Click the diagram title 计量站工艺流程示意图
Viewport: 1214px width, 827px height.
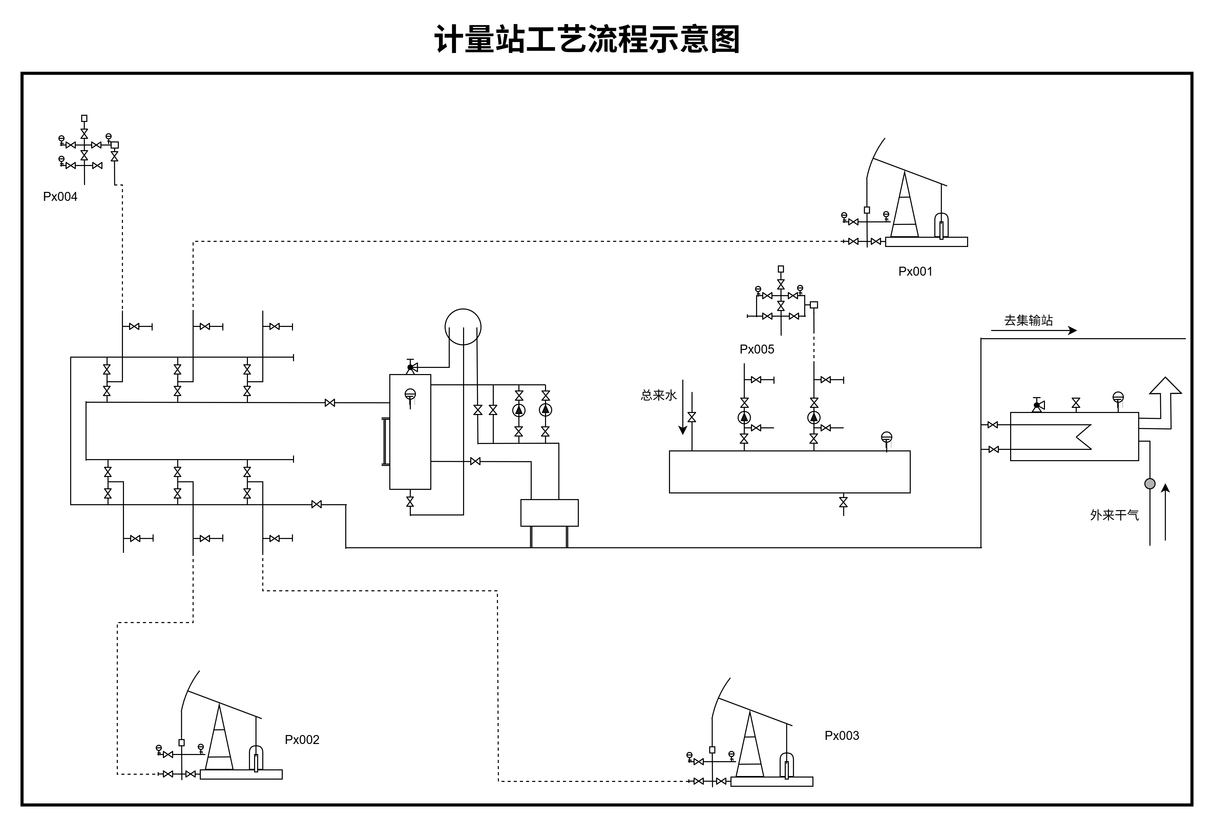tap(587, 39)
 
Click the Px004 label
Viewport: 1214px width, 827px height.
tap(60, 197)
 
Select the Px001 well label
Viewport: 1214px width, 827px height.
tap(915, 272)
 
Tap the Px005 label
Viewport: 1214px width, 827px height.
tap(756, 349)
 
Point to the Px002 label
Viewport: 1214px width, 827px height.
tap(302, 740)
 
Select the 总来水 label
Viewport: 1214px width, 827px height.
tap(658, 396)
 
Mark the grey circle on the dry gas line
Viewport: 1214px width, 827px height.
tap(1150, 484)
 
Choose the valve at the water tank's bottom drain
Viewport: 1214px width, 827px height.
tap(843, 502)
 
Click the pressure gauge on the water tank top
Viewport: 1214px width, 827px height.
tap(886, 437)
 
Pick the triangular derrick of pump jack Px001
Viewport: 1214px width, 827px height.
tap(904, 209)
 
